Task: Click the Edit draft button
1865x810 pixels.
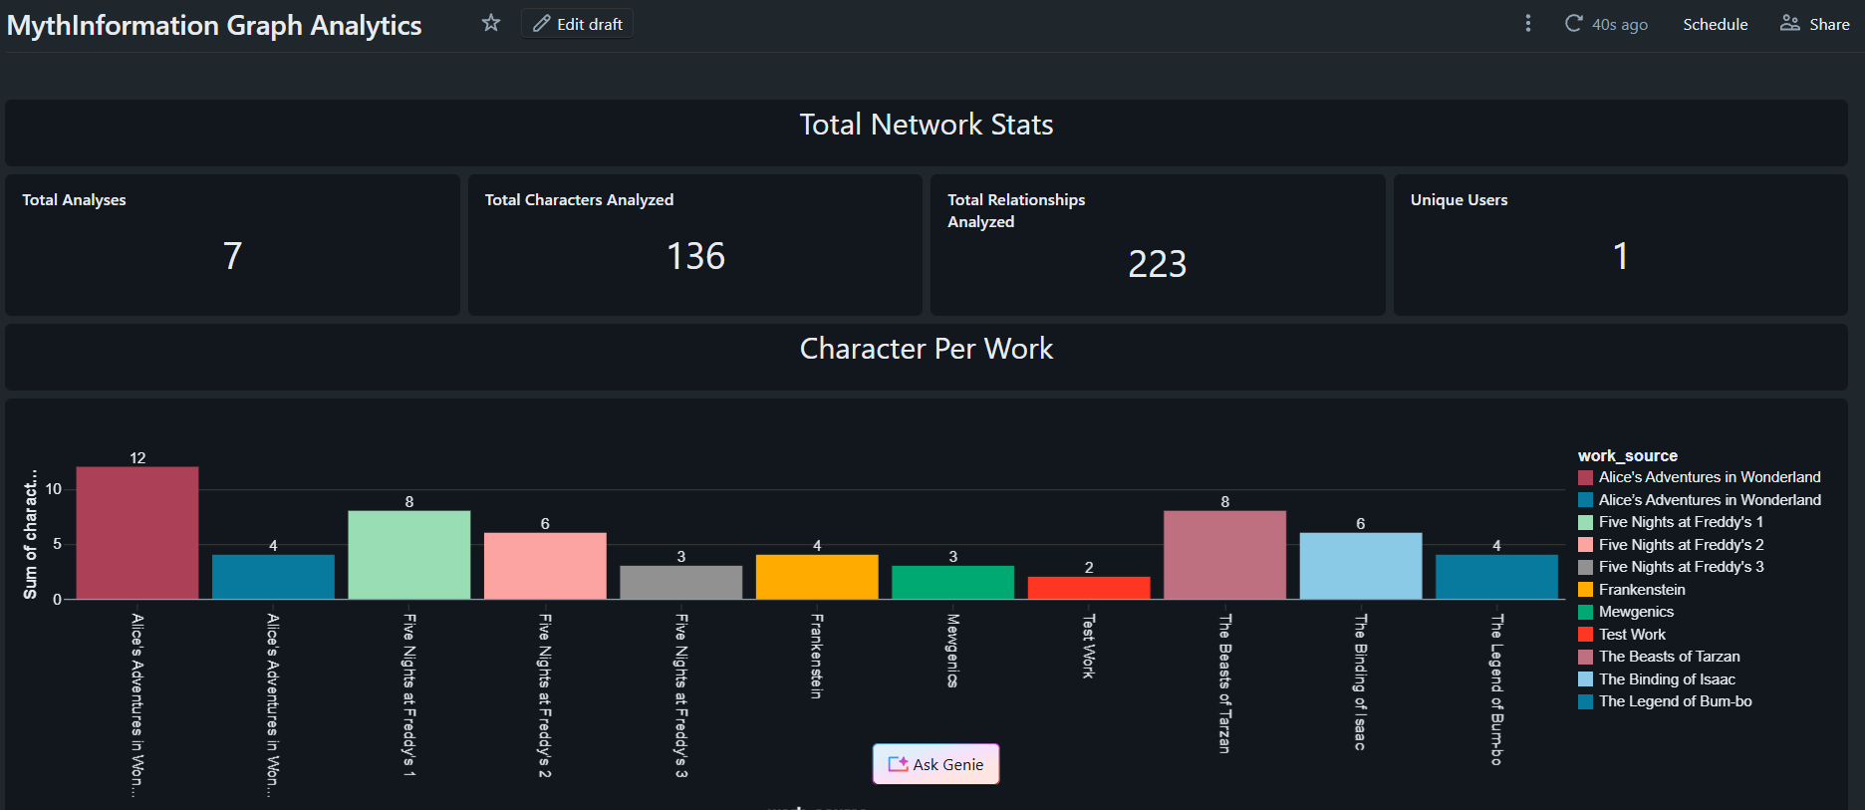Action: click(578, 24)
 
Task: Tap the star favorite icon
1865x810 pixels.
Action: click(491, 23)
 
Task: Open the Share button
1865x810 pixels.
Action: click(1815, 24)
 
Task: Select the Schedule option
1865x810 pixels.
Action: click(1715, 24)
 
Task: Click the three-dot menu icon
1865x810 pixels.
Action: click(1528, 23)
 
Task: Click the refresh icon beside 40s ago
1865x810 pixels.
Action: click(1574, 23)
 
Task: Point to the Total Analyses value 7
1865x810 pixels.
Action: click(232, 256)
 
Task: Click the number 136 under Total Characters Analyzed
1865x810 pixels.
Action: click(695, 256)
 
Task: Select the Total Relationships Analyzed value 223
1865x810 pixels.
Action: click(1157, 264)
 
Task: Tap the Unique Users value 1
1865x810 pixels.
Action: click(1620, 256)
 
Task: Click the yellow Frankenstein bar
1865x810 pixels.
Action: click(817, 577)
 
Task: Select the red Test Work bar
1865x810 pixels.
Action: click(1089, 588)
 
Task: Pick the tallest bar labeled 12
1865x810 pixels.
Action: click(137, 533)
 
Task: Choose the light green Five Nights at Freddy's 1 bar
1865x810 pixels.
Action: click(409, 555)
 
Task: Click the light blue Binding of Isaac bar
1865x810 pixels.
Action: click(1361, 566)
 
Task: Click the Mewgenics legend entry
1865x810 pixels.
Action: click(1636, 612)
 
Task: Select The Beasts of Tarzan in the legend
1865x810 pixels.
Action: click(1669, 657)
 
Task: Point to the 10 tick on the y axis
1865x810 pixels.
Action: click(54, 489)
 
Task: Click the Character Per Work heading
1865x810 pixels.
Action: click(927, 349)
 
